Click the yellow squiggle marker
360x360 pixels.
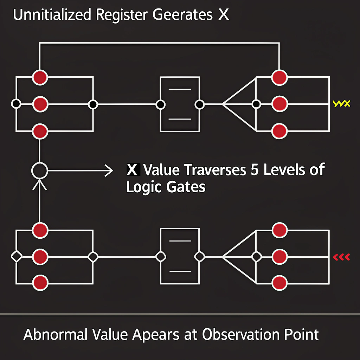tap(341, 104)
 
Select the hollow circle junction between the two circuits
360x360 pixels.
tap(40, 171)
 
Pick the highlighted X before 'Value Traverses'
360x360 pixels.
tap(132, 171)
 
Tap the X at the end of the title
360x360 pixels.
tap(223, 16)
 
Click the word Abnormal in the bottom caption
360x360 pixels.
tap(56, 334)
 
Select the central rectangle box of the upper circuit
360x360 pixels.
tap(180, 104)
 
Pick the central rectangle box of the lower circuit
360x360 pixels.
tap(180, 257)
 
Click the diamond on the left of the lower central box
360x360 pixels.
tap(160, 257)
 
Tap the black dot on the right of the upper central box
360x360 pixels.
tap(199, 104)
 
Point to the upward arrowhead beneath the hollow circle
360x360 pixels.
tap(40, 184)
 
